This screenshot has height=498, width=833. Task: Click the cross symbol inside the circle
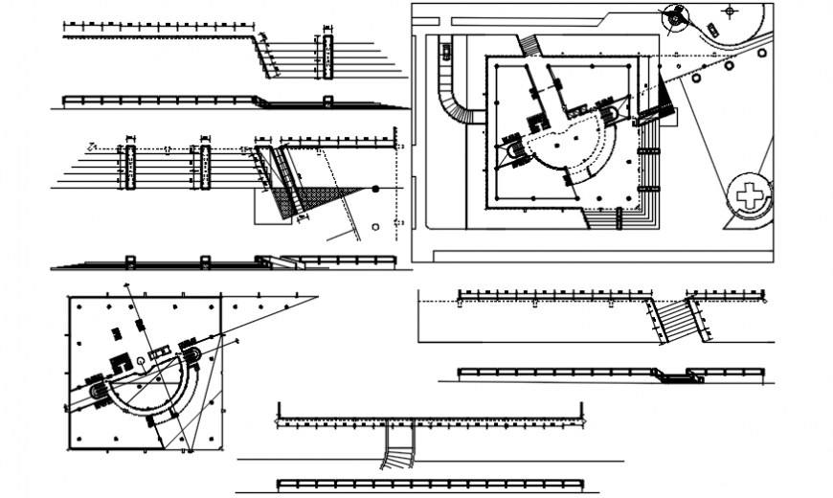pyautogui.click(x=750, y=196)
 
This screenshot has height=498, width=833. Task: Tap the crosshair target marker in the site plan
pyautogui.click(x=731, y=11)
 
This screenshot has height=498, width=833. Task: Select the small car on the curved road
pyautogui.click(x=711, y=28)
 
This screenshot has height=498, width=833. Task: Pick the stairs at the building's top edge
pyautogui.click(x=529, y=45)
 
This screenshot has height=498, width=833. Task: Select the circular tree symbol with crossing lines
pyautogui.click(x=677, y=15)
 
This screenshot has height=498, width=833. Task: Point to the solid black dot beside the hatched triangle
pyautogui.click(x=376, y=189)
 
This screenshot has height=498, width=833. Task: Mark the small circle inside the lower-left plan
pyautogui.click(x=141, y=360)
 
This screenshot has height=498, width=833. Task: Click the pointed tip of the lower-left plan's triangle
pyautogui.click(x=316, y=297)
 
